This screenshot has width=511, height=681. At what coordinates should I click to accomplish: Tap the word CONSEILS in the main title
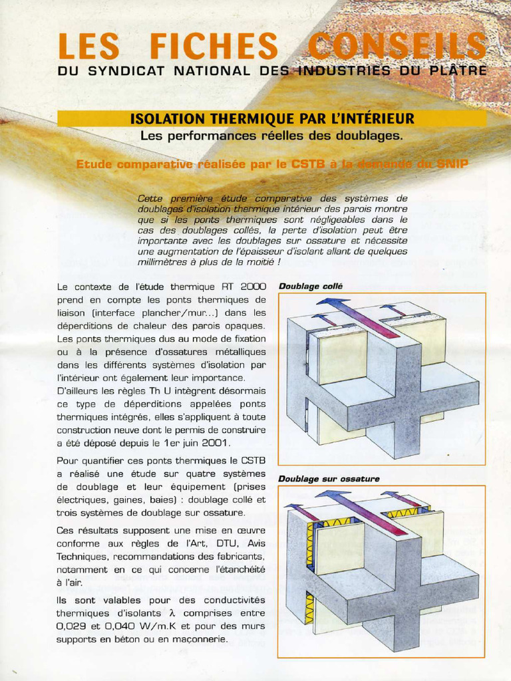click(x=397, y=46)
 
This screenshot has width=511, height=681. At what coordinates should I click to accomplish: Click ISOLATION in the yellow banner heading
click(x=168, y=119)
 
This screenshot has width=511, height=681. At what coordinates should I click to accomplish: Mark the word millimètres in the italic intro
click(x=166, y=262)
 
